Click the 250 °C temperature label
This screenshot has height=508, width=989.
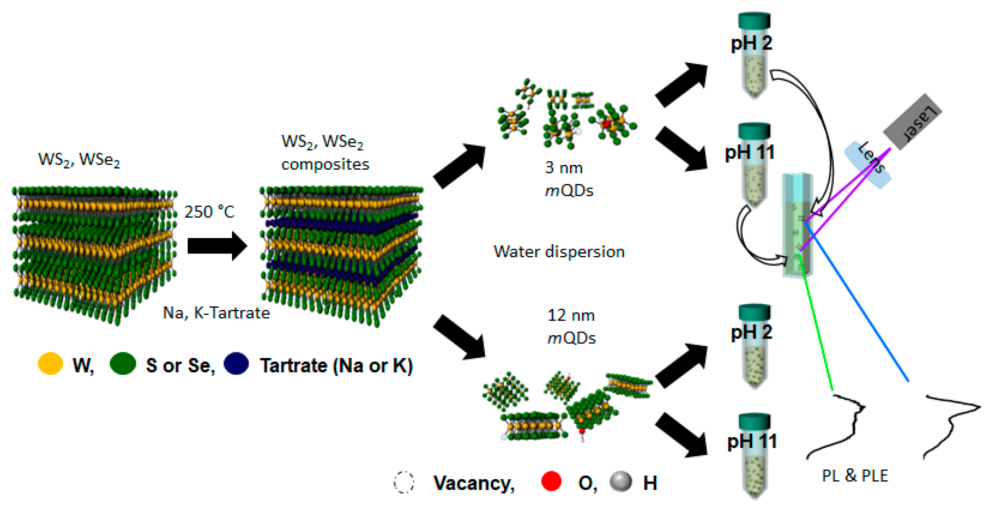tap(209, 212)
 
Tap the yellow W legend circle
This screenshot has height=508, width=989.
tap(50, 363)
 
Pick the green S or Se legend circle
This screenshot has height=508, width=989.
tap(123, 363)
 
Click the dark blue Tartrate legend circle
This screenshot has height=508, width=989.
tap(236, 363)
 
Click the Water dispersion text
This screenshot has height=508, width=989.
tap(559, 252)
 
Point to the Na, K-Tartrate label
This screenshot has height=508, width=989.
tap(216, 313)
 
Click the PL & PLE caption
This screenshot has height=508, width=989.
tap(855, 475)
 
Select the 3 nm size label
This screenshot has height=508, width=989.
tap(564, 168)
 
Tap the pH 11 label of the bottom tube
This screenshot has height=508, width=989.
tap(752, 442)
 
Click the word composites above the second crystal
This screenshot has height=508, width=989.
tap(325, 164)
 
